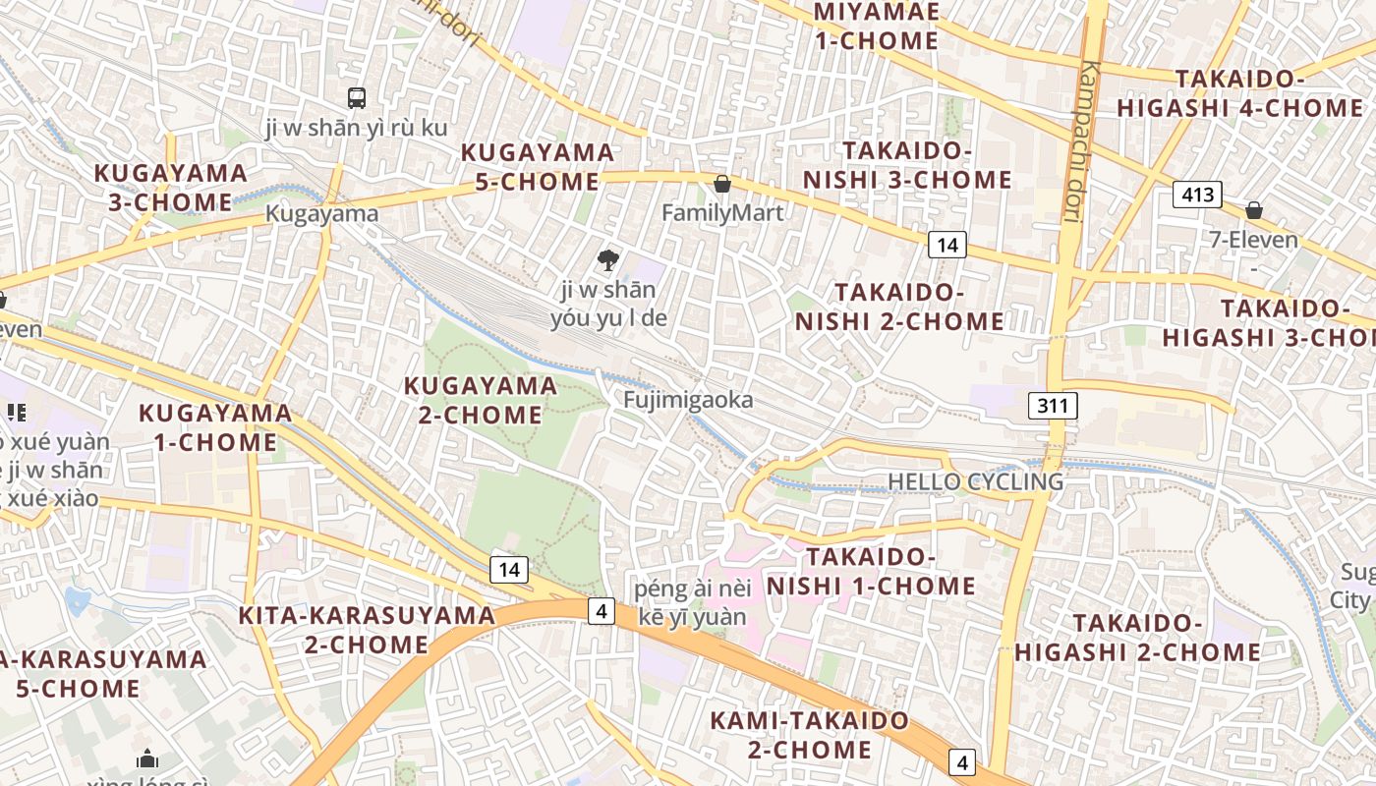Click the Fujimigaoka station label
pos(688,400)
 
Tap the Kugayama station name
pos(321,214)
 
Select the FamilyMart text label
pos(722,213)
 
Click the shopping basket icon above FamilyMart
pos(722,184)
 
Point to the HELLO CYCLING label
pos(975,481)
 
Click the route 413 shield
pos(1197,195)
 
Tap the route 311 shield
pos(1054,405)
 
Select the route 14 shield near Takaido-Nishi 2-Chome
pos(946,245)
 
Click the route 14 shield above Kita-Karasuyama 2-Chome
pos(508,569)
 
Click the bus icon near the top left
pos(357,98)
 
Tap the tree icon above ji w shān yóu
pos(608,260)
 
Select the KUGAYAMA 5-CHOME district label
pos(538,167)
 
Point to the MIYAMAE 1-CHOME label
pos(877,27)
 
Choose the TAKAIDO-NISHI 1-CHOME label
pos(871,572)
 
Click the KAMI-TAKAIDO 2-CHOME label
pos(810,735)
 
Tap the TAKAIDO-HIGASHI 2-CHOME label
pos(1137,638)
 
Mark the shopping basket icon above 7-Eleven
pos(1254,210)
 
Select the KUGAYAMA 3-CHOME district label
pos(170,188)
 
